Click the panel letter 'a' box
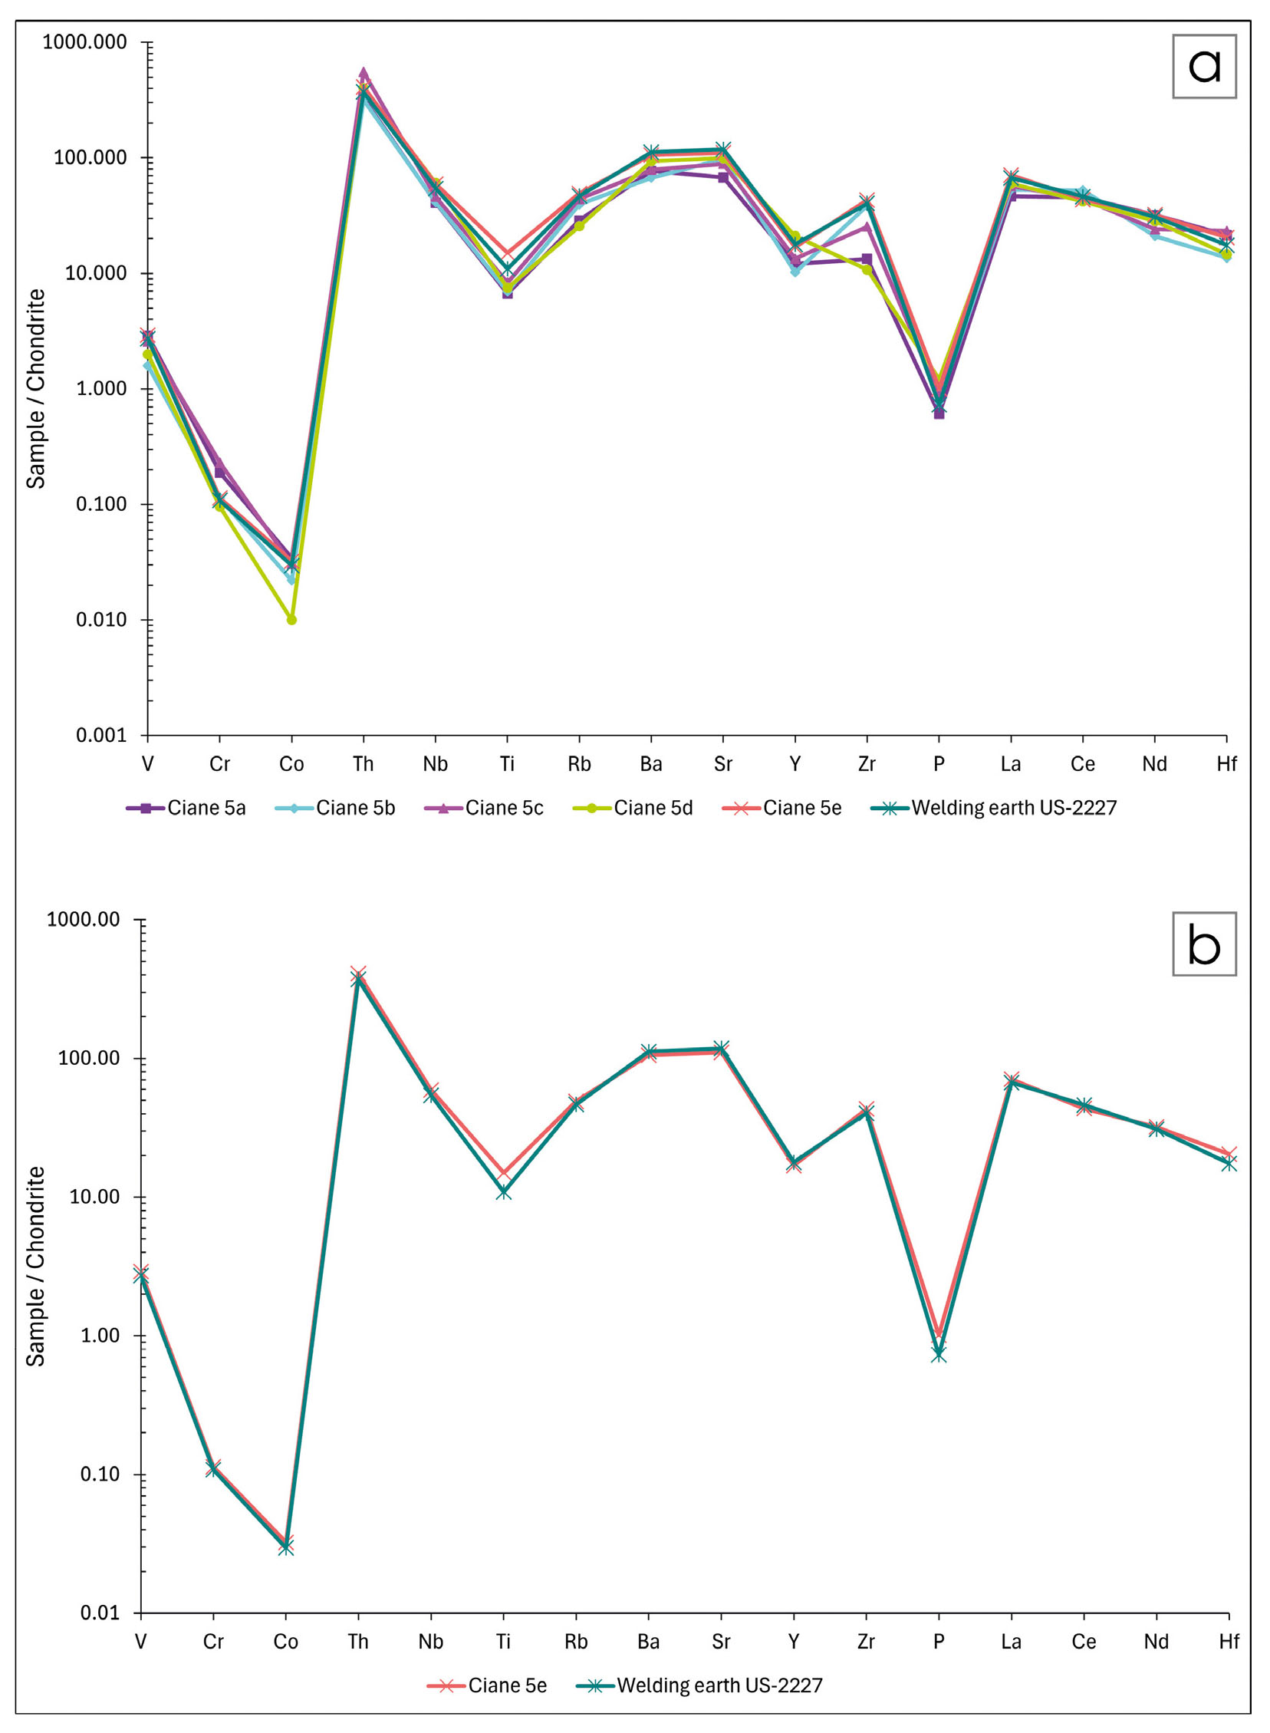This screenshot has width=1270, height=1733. point(1203,66)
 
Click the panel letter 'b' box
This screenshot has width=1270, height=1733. point(1203,944)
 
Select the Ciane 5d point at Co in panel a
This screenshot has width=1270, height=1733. point(291,620)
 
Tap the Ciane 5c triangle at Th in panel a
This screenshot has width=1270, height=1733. point(364,73)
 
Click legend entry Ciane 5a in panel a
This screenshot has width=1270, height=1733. point(186,808)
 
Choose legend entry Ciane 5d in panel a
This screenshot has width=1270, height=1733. point(633,808)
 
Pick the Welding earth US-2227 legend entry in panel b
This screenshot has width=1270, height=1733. point(699,1685)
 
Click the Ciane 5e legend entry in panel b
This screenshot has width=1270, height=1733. point(488,1685)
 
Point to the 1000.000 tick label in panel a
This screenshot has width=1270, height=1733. point(84,42)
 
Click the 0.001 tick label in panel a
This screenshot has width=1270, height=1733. point(100,736)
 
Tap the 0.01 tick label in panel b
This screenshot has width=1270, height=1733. point(103,1613)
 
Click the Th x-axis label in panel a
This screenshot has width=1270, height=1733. point(363,764)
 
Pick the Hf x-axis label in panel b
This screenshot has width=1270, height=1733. point(1229,1642)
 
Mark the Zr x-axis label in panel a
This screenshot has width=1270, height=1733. point(867,764)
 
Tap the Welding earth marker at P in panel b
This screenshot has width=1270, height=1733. point(939,1354)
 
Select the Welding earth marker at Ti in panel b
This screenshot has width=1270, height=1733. point(504,1191)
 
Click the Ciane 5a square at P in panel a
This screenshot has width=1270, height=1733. point(939,413)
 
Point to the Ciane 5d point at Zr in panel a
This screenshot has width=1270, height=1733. point(867,270)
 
